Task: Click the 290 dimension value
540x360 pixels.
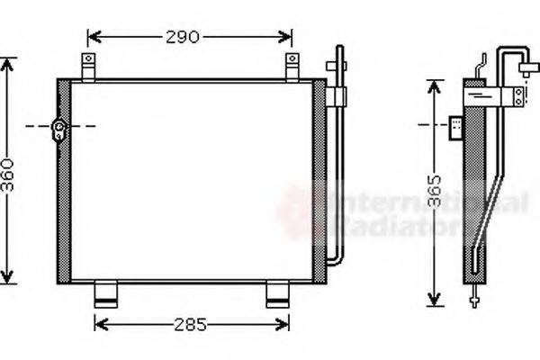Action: click(183, 37)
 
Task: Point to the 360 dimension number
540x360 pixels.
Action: click(8, 171)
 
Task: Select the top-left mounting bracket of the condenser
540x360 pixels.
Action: click(88, 65)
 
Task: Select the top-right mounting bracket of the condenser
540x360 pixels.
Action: click(292, 65)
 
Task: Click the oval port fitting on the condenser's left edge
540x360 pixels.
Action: click(59, 131)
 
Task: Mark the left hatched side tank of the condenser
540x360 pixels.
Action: click(64, 180)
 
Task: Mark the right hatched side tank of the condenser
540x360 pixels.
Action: click(317, 180)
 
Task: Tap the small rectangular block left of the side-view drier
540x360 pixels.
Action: click(457, 129)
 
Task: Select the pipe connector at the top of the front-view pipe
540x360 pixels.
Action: click(337, 67)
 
